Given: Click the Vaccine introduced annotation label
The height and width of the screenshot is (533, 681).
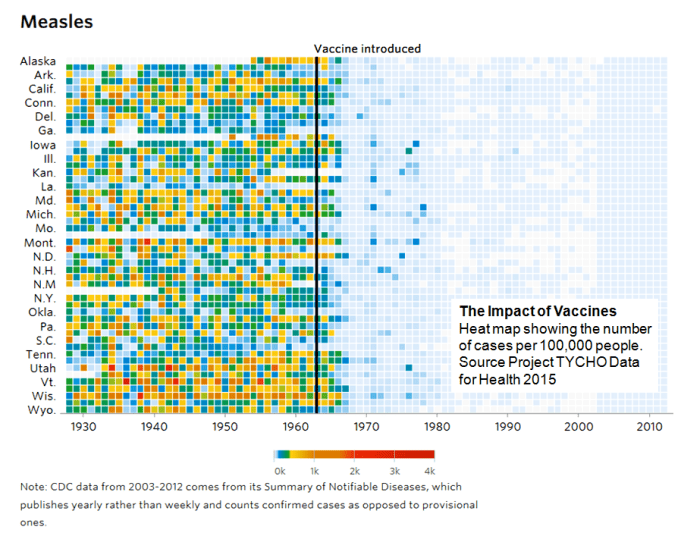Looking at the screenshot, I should pyautogui.click(x=367, y=48).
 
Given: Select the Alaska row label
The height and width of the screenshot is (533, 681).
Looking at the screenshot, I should pyautogui.click(x=38, y=61).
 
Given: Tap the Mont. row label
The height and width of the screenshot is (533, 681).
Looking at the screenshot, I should pyautogui.click(x=40, y=242).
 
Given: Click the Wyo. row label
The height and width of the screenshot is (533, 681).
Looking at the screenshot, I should pyautogui.click(x=41, y=410).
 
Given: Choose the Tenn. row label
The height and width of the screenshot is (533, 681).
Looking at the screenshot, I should pyautogui.click(x=40, y=354).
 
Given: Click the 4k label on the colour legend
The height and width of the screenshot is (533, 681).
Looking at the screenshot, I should pyautogui.click(x=429, y=469).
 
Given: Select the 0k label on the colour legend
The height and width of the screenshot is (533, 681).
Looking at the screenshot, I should pyautogui.click(x=280, y=469).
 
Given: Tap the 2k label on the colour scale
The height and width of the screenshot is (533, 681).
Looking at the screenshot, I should pyautogui.click(x=353, y=469).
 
